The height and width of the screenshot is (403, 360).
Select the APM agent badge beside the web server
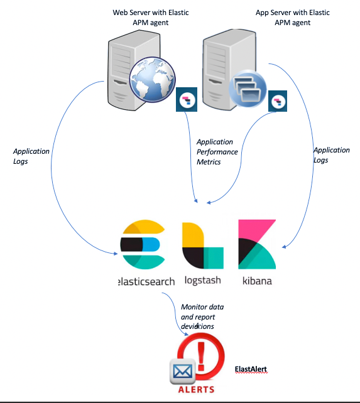(x=187, y=100)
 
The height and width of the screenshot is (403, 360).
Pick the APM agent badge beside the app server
(x=279, y=101)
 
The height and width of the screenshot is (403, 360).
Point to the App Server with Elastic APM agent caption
(x=285, y=18)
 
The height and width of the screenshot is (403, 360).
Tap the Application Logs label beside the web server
(x=31, y=156)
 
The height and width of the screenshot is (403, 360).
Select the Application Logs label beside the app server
(x=331, y=155)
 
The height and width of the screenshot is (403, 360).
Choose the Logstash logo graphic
(x=202, y=246)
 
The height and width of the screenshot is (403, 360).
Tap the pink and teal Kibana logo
(x=256, y=244)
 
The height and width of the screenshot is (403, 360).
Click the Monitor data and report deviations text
(x=202, y=316)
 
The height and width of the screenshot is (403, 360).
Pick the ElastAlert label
(x=251, y=370)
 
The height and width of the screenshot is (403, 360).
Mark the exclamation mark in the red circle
(x=201, y=353)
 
